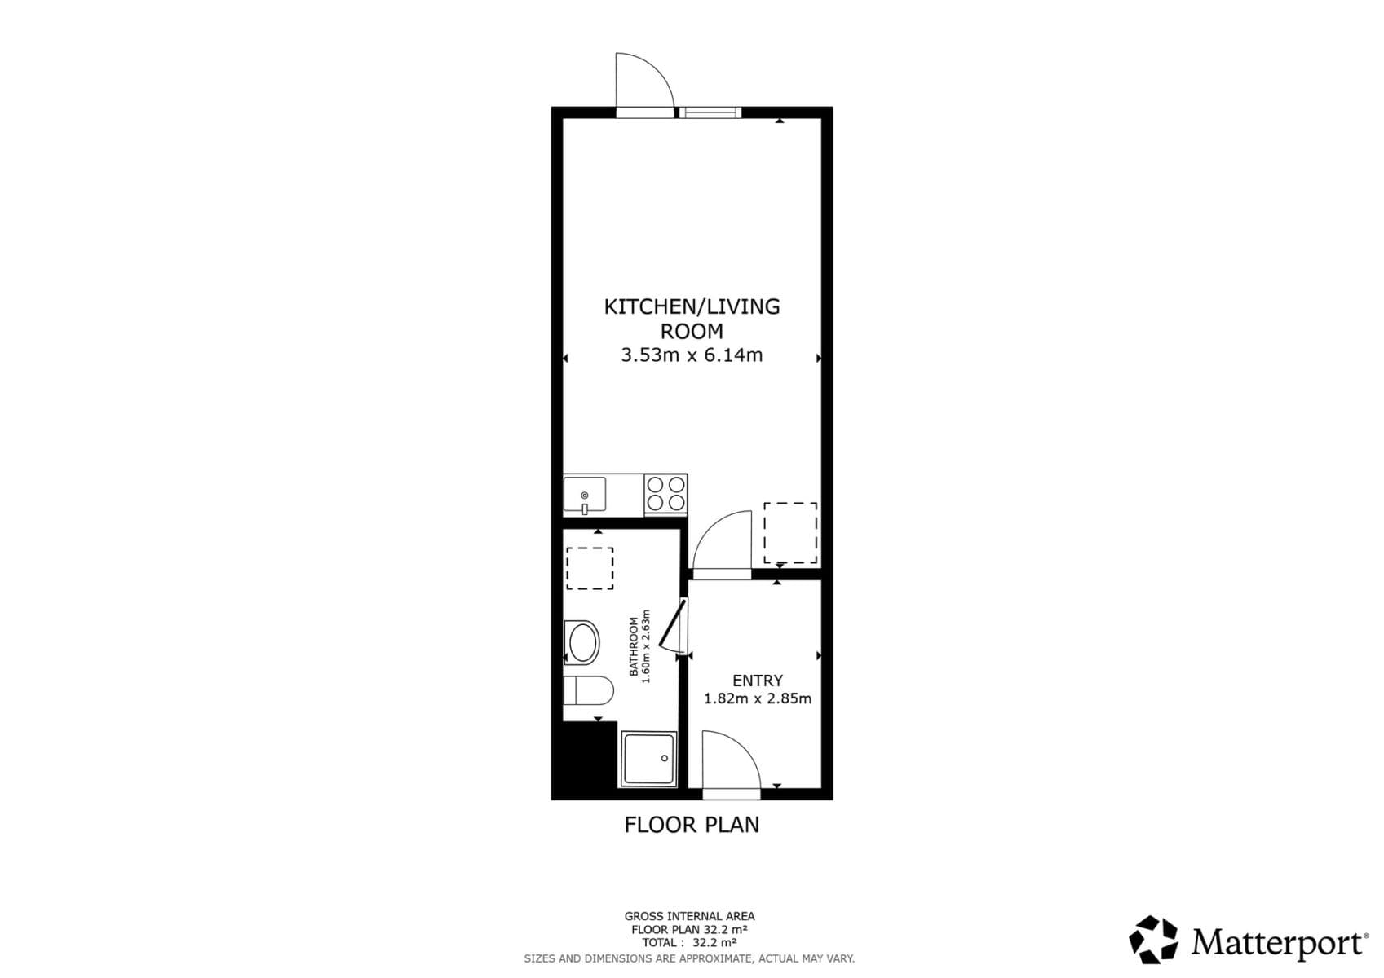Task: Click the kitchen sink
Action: tap(584, 495)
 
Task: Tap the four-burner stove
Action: tap(665, 494)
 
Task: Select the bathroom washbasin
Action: tap(581, 643)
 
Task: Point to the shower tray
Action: tap(648, 759)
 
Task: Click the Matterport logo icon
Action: tap(1153, 940)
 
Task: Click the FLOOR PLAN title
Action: tap(692, 825)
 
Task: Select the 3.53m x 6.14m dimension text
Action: tap(692, 355)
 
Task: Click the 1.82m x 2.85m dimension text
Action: tap(757, 698)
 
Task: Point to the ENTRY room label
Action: tap(757, 681)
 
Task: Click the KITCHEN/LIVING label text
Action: tap(692, 306)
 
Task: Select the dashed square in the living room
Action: tap(789, 532)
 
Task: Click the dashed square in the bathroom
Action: tap(590, 569)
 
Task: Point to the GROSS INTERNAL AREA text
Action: tap(689, 916)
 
